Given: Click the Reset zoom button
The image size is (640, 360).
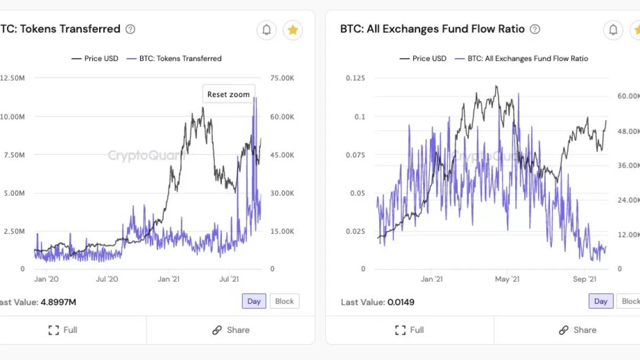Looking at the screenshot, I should (228, 94).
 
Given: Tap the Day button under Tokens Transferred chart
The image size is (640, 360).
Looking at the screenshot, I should (254, 301).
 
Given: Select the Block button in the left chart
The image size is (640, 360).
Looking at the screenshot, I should (284, 301).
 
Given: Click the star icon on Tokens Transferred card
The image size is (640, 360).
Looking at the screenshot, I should (292, 30).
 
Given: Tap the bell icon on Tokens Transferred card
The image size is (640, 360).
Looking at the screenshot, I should (267, 30).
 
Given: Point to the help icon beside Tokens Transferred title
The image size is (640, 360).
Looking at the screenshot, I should (130, 29).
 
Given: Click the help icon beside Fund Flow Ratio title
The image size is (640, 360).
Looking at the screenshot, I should (535, 29).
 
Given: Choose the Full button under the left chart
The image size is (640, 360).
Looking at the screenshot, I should (63, 330).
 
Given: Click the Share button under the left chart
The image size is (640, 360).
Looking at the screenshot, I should (230, 330).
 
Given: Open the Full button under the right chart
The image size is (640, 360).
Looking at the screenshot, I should (410, 330).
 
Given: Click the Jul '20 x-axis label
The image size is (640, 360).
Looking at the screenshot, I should (107, 279).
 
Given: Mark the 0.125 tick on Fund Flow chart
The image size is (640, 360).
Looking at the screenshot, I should (355, 78).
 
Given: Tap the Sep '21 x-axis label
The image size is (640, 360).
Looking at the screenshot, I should (584, 279).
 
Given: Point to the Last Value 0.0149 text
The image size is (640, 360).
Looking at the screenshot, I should (378, 302).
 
